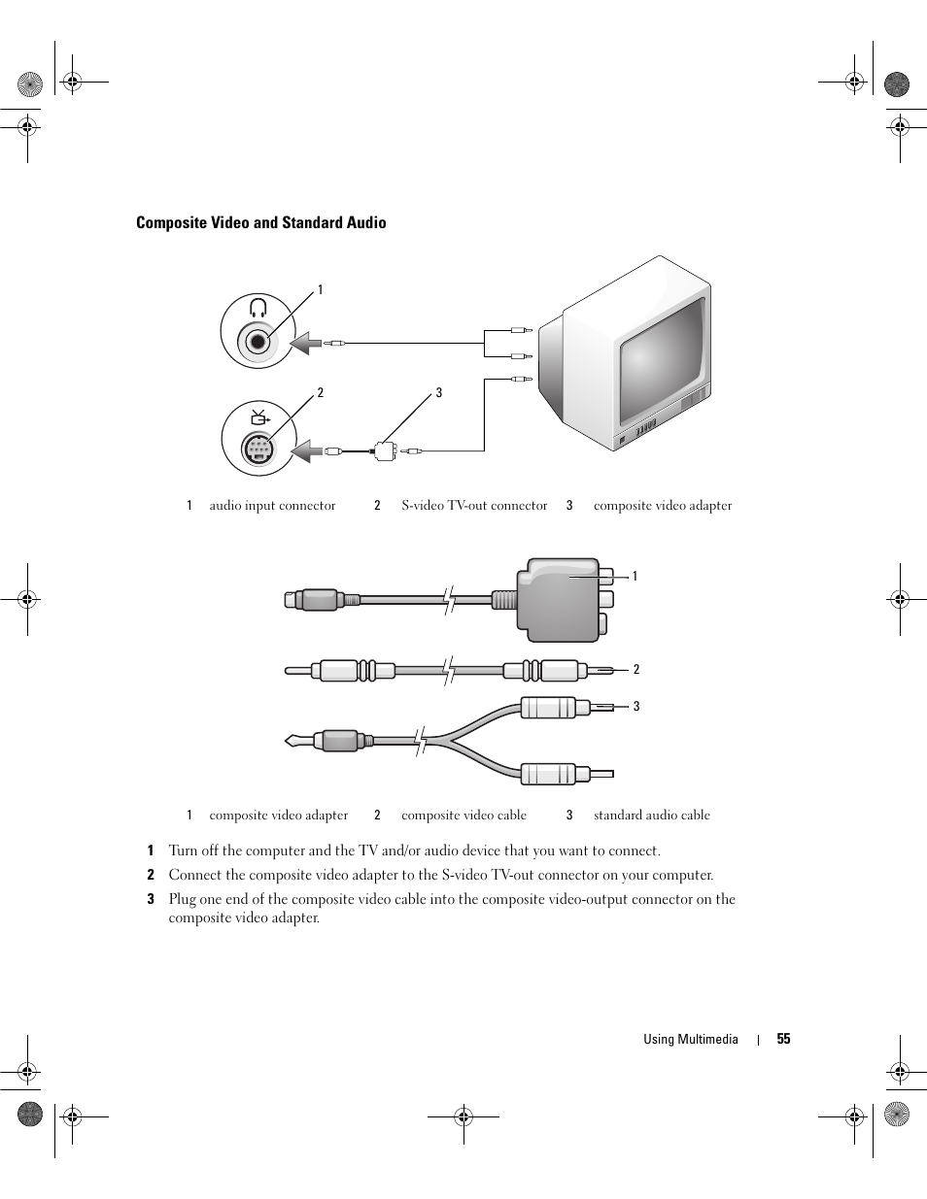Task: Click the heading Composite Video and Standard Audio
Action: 260,223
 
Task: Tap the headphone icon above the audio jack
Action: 257,309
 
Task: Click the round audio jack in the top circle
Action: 257,342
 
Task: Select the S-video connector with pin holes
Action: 257,450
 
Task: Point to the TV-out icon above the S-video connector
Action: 258,417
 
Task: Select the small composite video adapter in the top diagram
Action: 384,450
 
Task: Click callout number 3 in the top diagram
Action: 438,393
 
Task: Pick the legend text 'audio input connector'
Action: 272,506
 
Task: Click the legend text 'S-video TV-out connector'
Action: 474,506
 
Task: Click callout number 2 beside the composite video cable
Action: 636,670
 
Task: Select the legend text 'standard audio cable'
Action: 651,816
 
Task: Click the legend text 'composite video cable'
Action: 463,816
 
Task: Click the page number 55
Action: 783,1039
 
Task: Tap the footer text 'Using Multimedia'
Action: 690,1039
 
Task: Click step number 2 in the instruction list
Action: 151,875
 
